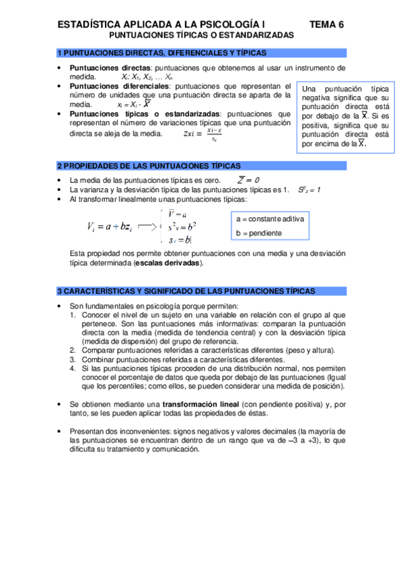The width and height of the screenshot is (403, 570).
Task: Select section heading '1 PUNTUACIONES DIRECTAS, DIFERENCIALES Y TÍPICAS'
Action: pyautogui.click(x=161, y=52)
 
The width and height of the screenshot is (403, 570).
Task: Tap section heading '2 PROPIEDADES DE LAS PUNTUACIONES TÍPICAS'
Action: pyautogui.click(x=148, y=166)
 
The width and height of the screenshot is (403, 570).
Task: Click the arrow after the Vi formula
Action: pyautogui.click(x=147, y=227)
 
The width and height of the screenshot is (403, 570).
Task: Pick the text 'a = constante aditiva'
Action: pyautogui.click(x=270, y=219)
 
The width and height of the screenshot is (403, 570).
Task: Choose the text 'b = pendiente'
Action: pyautogui.click(x=259, y=233)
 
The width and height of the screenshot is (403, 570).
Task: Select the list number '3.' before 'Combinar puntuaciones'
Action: pyautogui.click(x=73, y=359)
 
